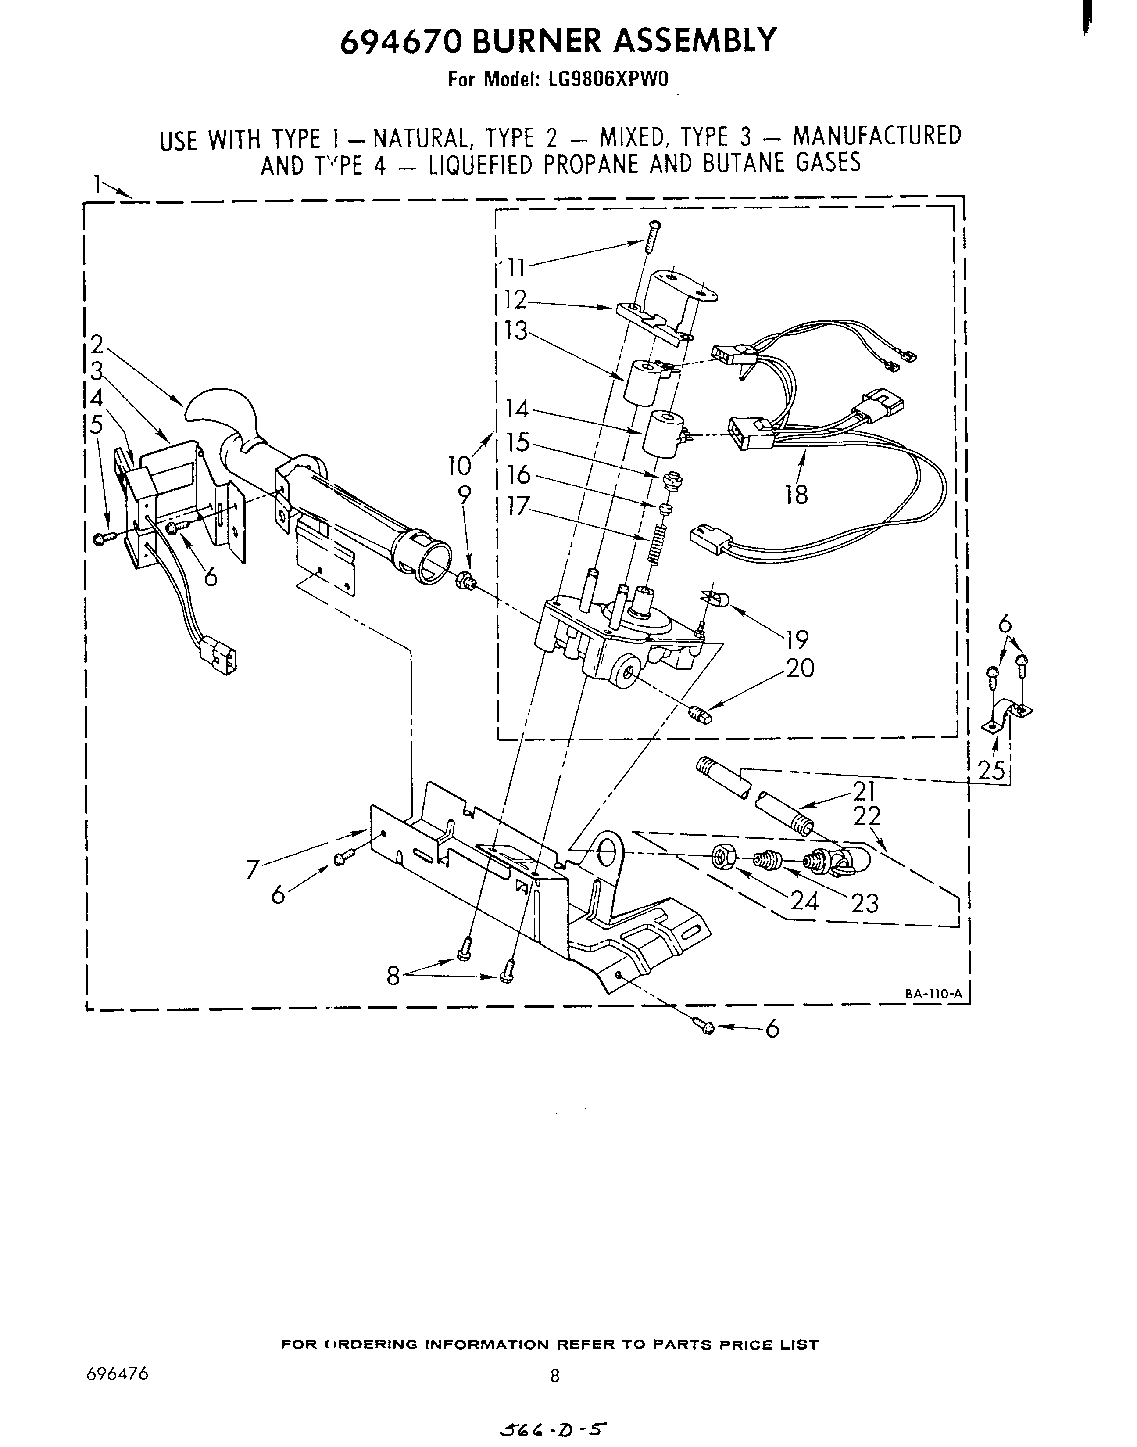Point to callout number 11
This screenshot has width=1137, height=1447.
(x=516, y=268)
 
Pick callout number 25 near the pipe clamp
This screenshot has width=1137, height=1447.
(x=991, y=770)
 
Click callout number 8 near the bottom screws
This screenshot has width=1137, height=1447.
(x=393, y=976)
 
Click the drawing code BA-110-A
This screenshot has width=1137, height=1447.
(x=933, y=994)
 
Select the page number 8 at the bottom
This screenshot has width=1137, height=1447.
(x=554, y=1376)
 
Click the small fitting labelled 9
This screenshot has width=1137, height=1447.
(x=465, y=580)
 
